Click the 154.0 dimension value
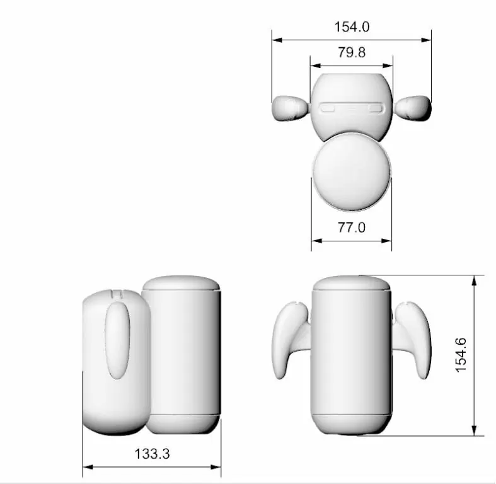[352, 27]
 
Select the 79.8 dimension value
[352, 52]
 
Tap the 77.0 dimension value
[352, 228]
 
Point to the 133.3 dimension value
[152, 454]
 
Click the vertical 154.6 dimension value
[461, 355]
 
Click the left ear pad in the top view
[291, 108]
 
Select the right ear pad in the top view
[413, 108]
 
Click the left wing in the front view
[290, 339]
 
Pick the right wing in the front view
[412, 339]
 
